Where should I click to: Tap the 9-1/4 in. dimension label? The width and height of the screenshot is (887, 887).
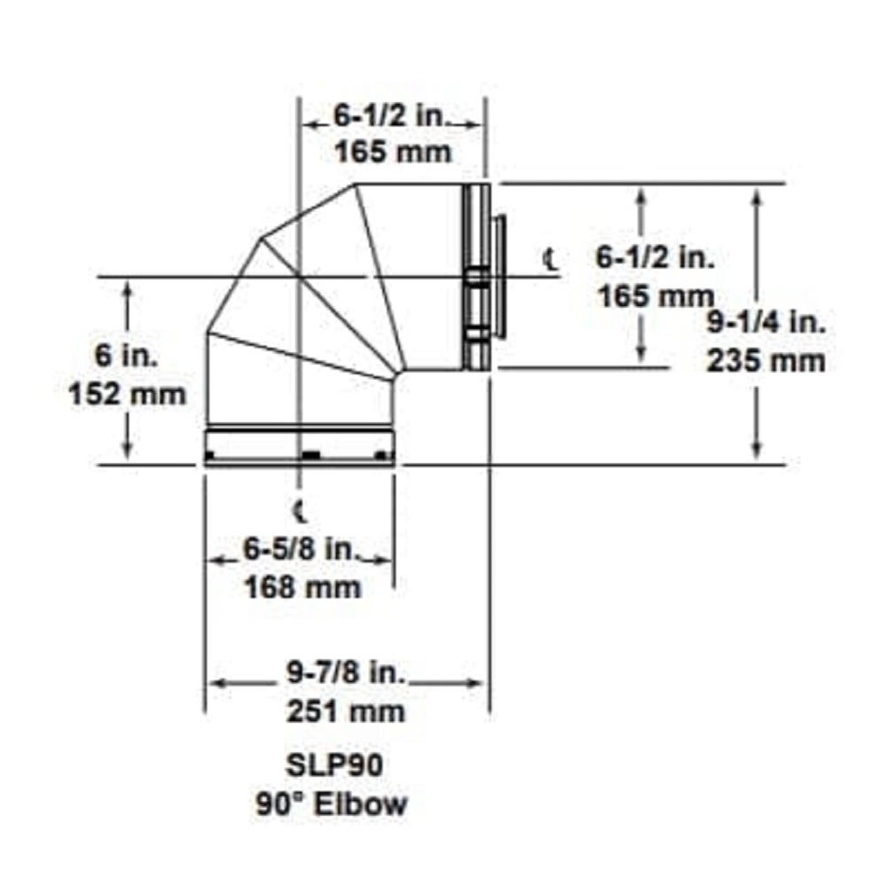click(x=766, y=324)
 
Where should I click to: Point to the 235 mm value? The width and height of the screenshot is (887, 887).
click(x=766, y=361)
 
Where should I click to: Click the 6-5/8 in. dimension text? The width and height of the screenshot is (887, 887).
click(x=300, y=550)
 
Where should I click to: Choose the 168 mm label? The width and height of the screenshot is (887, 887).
click(x=302, y=587)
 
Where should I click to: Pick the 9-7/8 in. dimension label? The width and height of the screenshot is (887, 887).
click(x=347, y=674)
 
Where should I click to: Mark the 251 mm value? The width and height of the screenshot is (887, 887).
click(x=347, y=711)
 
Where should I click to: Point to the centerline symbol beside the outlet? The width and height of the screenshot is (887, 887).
click(x=551, y=258)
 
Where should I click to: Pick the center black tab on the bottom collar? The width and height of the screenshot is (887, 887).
click(x=310, y=455)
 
